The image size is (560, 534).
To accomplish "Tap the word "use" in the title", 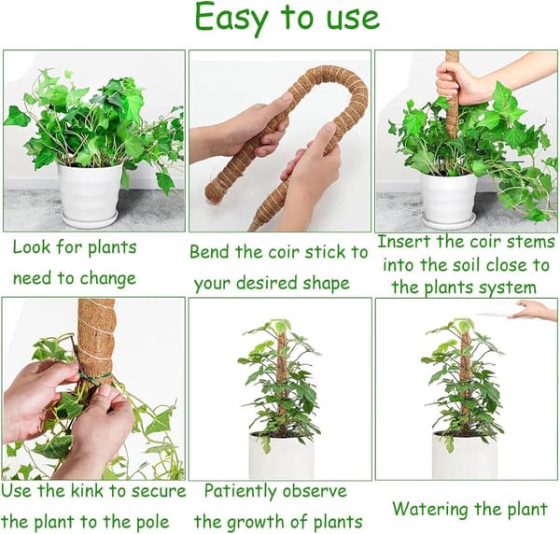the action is [x=353, y=19].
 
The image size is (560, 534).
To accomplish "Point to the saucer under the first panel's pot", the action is [x=90, y=219].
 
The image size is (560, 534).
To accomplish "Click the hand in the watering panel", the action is [x=533, y=310].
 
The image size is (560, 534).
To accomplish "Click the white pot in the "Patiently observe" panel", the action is [x=281, y=456].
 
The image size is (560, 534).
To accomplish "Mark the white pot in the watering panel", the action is [x=465, y=456].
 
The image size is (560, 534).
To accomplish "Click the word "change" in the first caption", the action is [x=107, y=279].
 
